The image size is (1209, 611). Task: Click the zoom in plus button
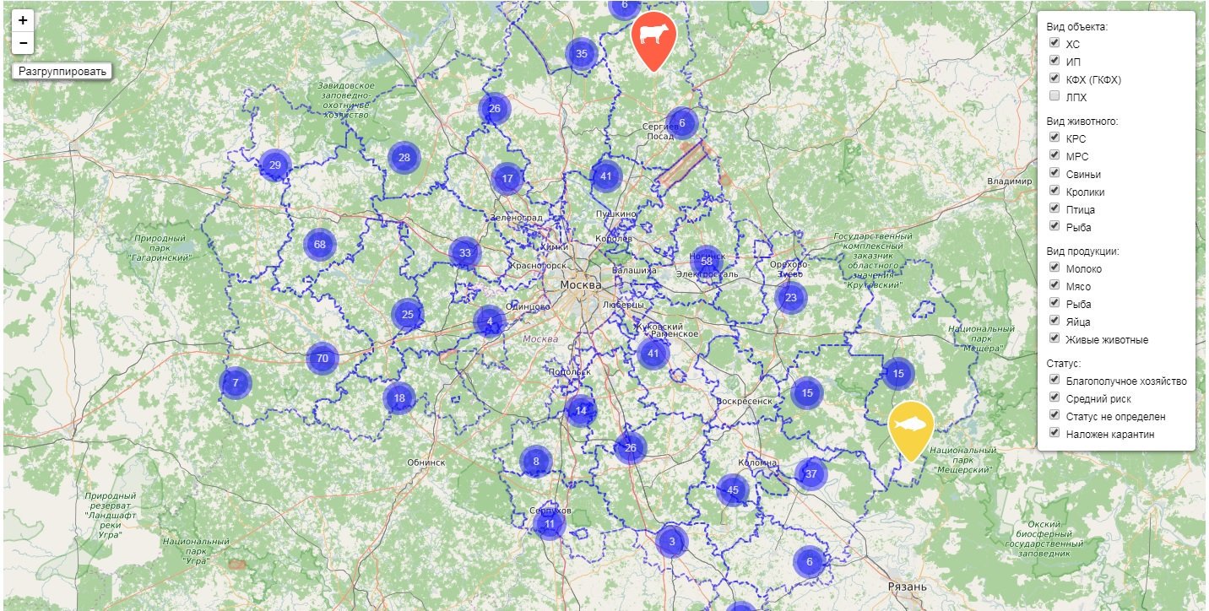point(23,20)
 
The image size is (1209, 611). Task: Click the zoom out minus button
point(23,42)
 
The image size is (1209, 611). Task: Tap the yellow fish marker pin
point(911,426)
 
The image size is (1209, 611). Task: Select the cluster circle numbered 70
point(322,359)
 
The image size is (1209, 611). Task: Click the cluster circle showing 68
point(319,245)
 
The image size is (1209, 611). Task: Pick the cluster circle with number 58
point(707,262)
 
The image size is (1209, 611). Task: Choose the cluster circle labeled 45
point(732,490)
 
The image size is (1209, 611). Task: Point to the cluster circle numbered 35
point(581,54)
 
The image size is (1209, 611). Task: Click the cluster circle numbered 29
point(275,165)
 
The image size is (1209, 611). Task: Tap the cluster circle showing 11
point(549,524)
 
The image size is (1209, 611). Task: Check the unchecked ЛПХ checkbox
point(1054,97)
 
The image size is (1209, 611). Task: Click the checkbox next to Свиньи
point(1054,173)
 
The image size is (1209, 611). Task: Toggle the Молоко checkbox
point(1054,268)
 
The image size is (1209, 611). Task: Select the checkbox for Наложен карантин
point(1054,433)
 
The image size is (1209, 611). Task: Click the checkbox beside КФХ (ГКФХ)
point(1054,78)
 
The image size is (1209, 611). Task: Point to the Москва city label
point(580,285)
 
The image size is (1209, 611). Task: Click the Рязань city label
point(907,587)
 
